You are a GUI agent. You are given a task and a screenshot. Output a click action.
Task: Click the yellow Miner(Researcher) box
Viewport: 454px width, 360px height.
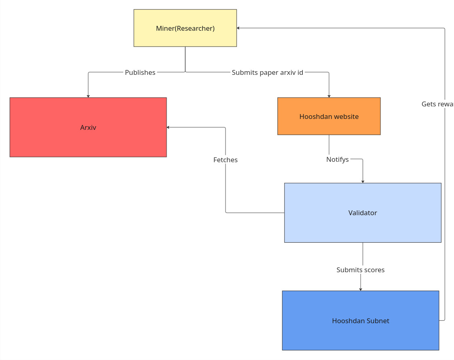(185, 28)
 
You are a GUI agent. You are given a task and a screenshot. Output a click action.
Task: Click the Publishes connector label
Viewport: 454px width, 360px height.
(140, 72)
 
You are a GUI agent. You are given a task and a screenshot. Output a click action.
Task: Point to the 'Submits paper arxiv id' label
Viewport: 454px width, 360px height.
(267, 72)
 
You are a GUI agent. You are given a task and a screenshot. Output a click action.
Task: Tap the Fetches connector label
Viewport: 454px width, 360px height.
(226, 160)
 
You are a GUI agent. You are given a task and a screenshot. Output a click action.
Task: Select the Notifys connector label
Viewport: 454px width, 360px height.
(338, 159)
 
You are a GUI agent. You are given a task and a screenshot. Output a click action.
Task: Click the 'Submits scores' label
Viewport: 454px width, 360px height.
(360, 270)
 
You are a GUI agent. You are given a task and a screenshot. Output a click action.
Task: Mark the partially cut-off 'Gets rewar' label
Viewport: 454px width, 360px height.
(437, 104)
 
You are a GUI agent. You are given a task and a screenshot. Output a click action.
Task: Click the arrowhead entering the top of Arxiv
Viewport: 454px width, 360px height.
(88, 96)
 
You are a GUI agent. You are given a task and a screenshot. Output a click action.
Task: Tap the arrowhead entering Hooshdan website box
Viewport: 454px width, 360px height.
(329, 96)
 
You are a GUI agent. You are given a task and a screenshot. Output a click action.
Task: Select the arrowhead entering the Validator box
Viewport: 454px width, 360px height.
(363, 182)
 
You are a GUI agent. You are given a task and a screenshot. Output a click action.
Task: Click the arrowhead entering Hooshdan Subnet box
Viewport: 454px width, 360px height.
(361, 289)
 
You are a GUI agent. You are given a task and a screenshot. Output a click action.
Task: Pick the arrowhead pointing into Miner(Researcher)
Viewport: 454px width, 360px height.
(239, 28)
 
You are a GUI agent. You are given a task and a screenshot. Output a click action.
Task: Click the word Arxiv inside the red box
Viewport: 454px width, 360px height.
(88, 127)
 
